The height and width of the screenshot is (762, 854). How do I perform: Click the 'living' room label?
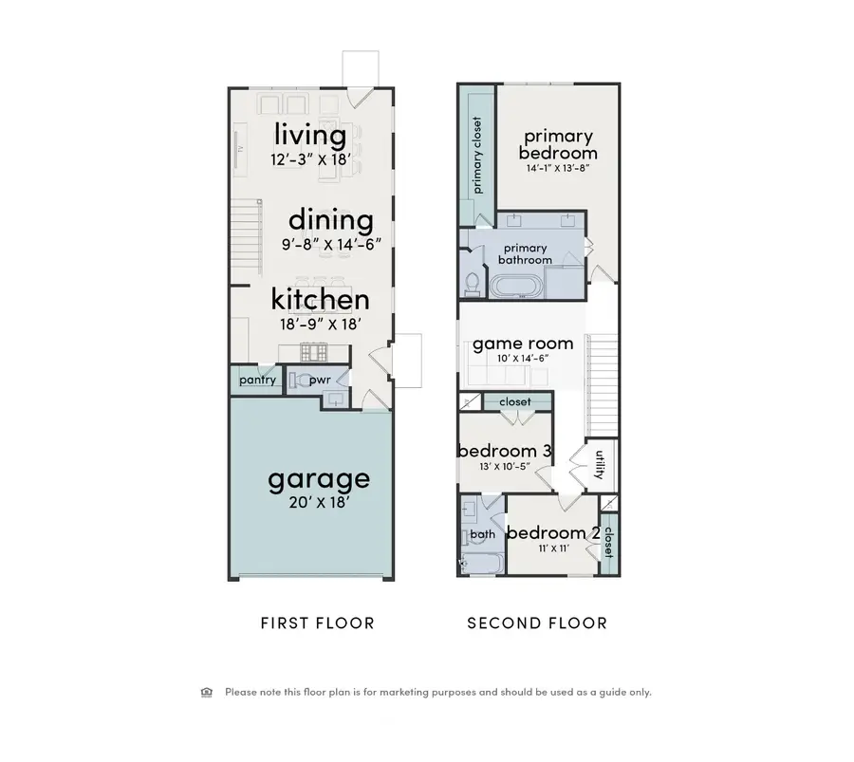point(310,134)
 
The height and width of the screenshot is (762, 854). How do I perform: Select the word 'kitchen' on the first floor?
point(320,300)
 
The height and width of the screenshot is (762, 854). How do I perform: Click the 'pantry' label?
point(257,381)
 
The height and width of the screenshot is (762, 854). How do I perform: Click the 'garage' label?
point(318,478)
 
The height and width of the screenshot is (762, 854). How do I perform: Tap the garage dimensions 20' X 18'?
point(318,503)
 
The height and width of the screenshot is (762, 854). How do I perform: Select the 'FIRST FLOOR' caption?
point(317,623)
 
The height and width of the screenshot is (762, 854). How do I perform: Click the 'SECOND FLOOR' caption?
point(537,623)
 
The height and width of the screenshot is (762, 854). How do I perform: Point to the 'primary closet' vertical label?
point(476,155)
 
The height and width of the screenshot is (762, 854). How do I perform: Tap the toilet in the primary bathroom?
point(472,282)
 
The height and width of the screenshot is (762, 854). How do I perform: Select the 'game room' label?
point(523,343)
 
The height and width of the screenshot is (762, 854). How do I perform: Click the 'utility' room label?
point(599,465)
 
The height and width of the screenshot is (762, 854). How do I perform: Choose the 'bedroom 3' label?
point(505,451)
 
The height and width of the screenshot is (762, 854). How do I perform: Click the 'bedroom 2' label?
point(552,533)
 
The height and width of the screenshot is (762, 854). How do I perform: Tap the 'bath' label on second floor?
point(482,535)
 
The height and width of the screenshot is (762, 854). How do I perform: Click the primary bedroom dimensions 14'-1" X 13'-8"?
point(558,168)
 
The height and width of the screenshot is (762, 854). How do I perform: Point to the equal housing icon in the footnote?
point(207,692)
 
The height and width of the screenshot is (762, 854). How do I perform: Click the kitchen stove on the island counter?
point(313,353)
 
